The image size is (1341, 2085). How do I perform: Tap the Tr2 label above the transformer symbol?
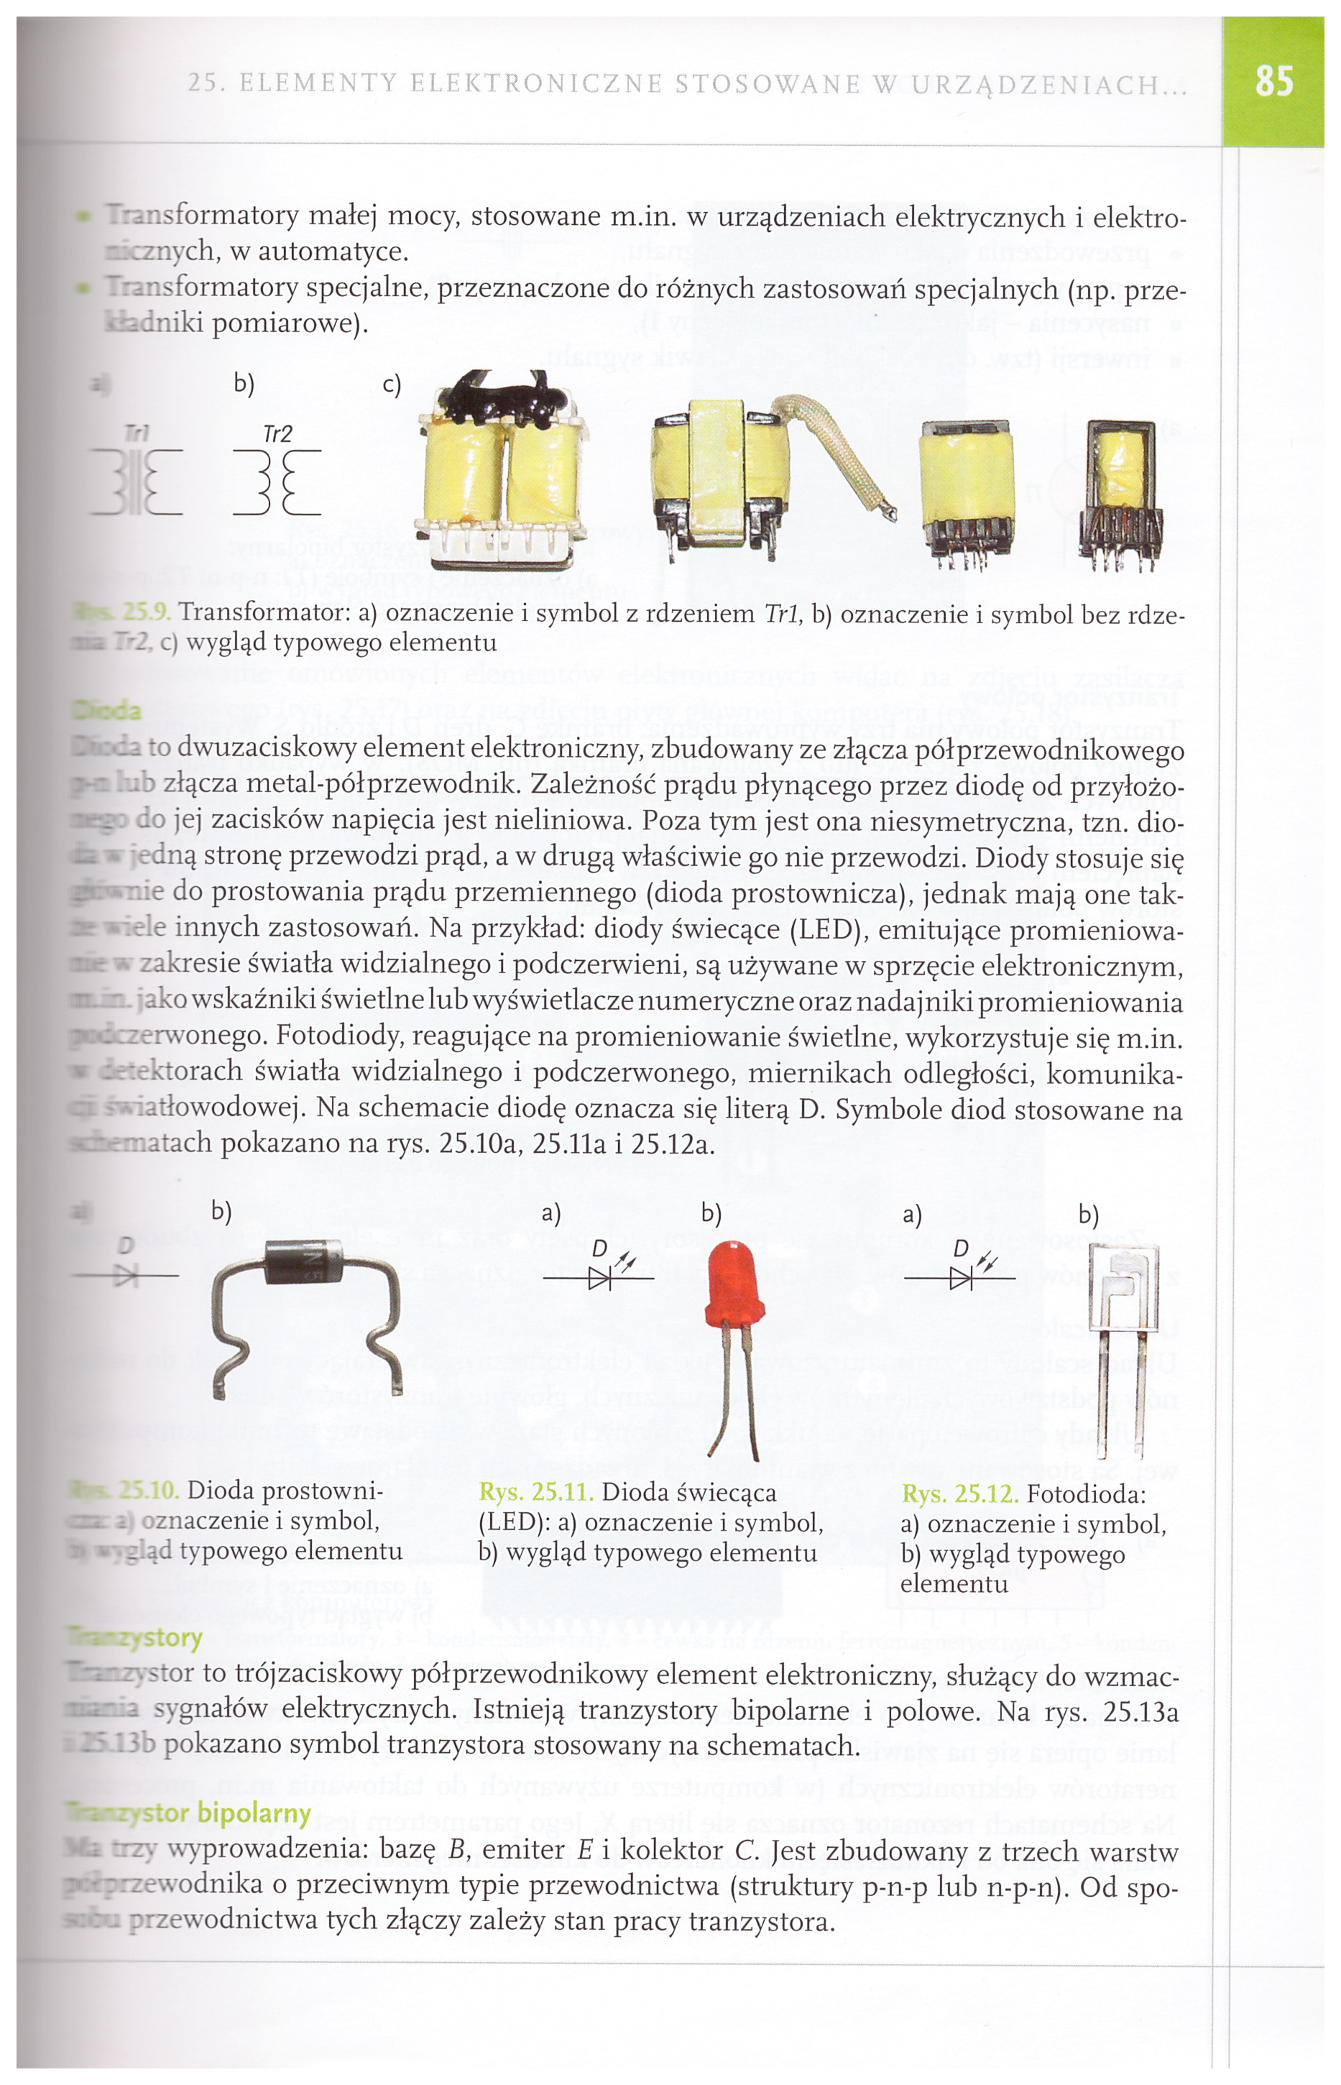coord(277,433)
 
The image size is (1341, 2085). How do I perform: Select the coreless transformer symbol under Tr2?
coord(277,482)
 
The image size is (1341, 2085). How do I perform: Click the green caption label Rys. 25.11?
coord(535,1493)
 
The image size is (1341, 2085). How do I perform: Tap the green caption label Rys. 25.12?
coord(959,1494)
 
